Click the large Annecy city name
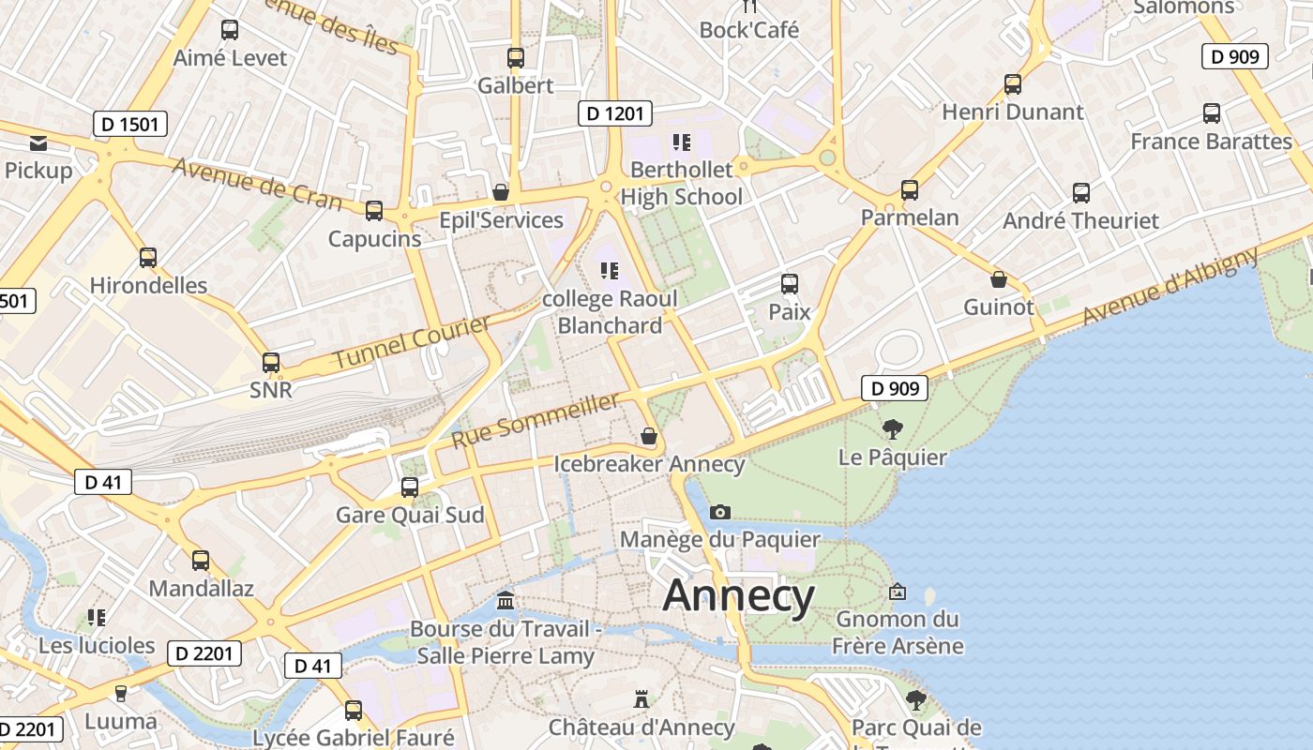click(x=739, y=596)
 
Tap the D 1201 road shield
click(x=614, y=113)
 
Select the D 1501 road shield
click(x=130, y=124)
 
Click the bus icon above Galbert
click(x=515, y=58)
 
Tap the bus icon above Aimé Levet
click(x=230, y=30)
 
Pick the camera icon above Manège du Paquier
click(x=720, y=512)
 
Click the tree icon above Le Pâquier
click(x=893, y=429)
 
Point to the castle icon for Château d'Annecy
click(x=641, y=699)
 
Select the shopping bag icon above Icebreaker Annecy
click(x=648, y=436)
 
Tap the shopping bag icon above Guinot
click(x=999, y=279)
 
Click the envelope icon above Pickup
click(x=38, y=142)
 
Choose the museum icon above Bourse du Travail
click(x=506, y=600)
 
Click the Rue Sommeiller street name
click(x=536, y=420)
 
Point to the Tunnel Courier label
click(x=412, y=342)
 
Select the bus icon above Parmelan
click(x=909, y=190)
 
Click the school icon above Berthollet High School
click(x=682, y=142)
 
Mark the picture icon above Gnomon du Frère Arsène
click(x=898, y=592)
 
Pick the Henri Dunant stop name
click(x=1013, y=112)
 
